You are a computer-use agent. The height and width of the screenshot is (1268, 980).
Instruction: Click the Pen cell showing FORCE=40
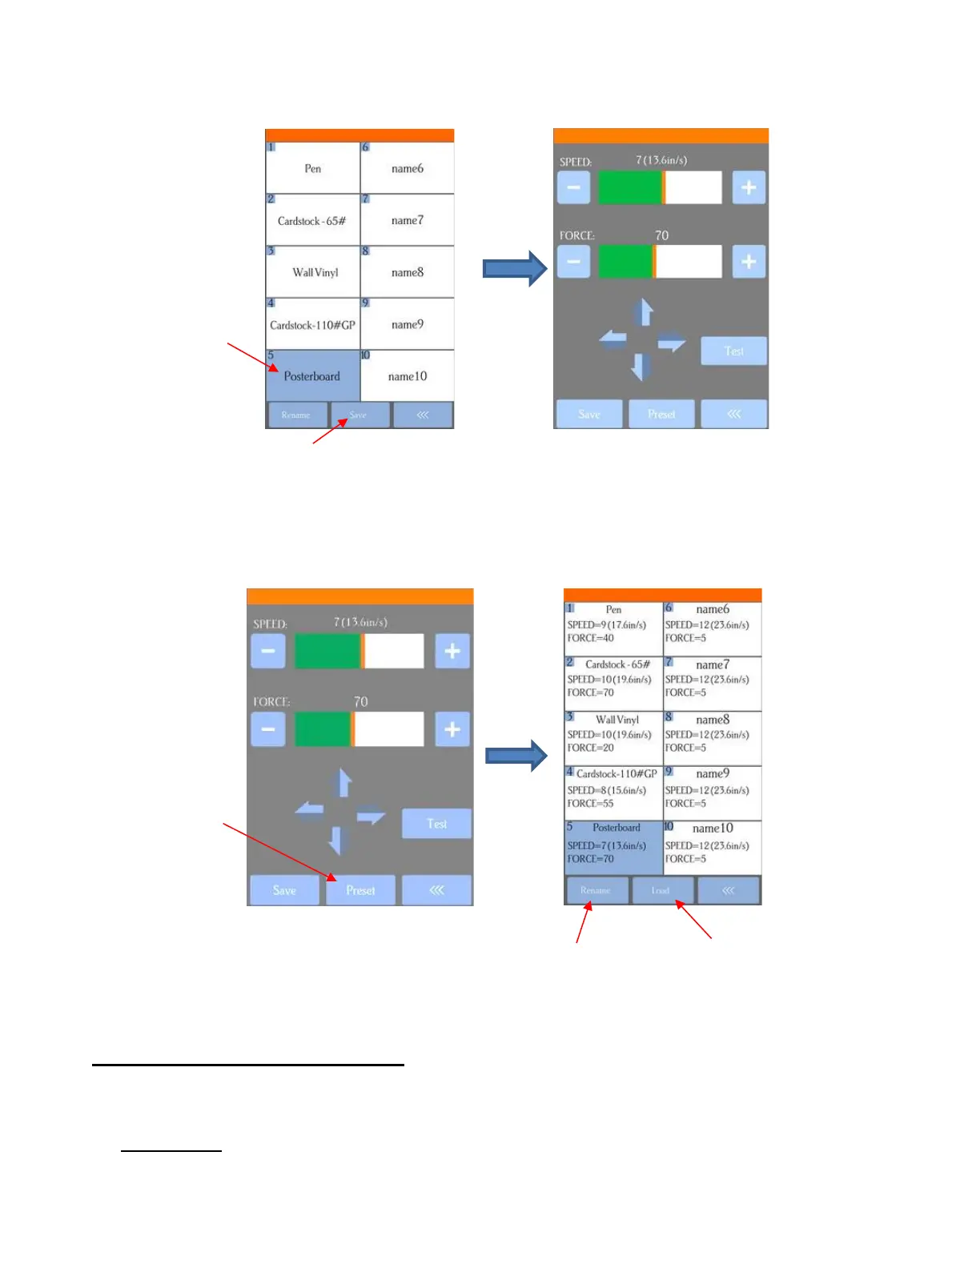(x=613, y=629)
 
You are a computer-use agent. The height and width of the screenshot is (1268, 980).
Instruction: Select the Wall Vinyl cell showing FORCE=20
(x=613, y=739)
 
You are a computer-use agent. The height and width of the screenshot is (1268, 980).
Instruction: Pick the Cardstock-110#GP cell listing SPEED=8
(x=613, y=793)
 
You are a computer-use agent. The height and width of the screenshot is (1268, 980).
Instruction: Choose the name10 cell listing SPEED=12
(x=713, y=848)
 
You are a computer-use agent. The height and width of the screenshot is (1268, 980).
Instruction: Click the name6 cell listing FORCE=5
(x=713, y=629)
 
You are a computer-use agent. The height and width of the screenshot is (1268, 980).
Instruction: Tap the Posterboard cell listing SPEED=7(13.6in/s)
(x=613, y=848)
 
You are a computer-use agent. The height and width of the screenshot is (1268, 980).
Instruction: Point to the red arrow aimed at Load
(x=693, y=920)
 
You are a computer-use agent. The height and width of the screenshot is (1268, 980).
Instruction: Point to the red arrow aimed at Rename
(x=583, y=922)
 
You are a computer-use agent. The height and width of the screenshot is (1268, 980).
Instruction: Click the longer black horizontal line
(x=248, y=1065)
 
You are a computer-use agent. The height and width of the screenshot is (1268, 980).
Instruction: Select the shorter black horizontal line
(x=171, y=1151)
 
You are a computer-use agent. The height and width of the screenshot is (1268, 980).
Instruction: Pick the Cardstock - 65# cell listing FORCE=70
(x=613, y=684)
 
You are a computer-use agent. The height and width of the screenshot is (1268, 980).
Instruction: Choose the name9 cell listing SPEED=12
(x=713, y=793)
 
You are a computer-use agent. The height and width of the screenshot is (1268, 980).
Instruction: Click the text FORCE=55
(x=591, y=804)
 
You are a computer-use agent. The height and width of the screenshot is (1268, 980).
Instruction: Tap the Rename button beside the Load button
(x=596, y=890)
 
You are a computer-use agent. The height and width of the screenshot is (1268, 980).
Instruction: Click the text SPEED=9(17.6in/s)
(x=607, y=625)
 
